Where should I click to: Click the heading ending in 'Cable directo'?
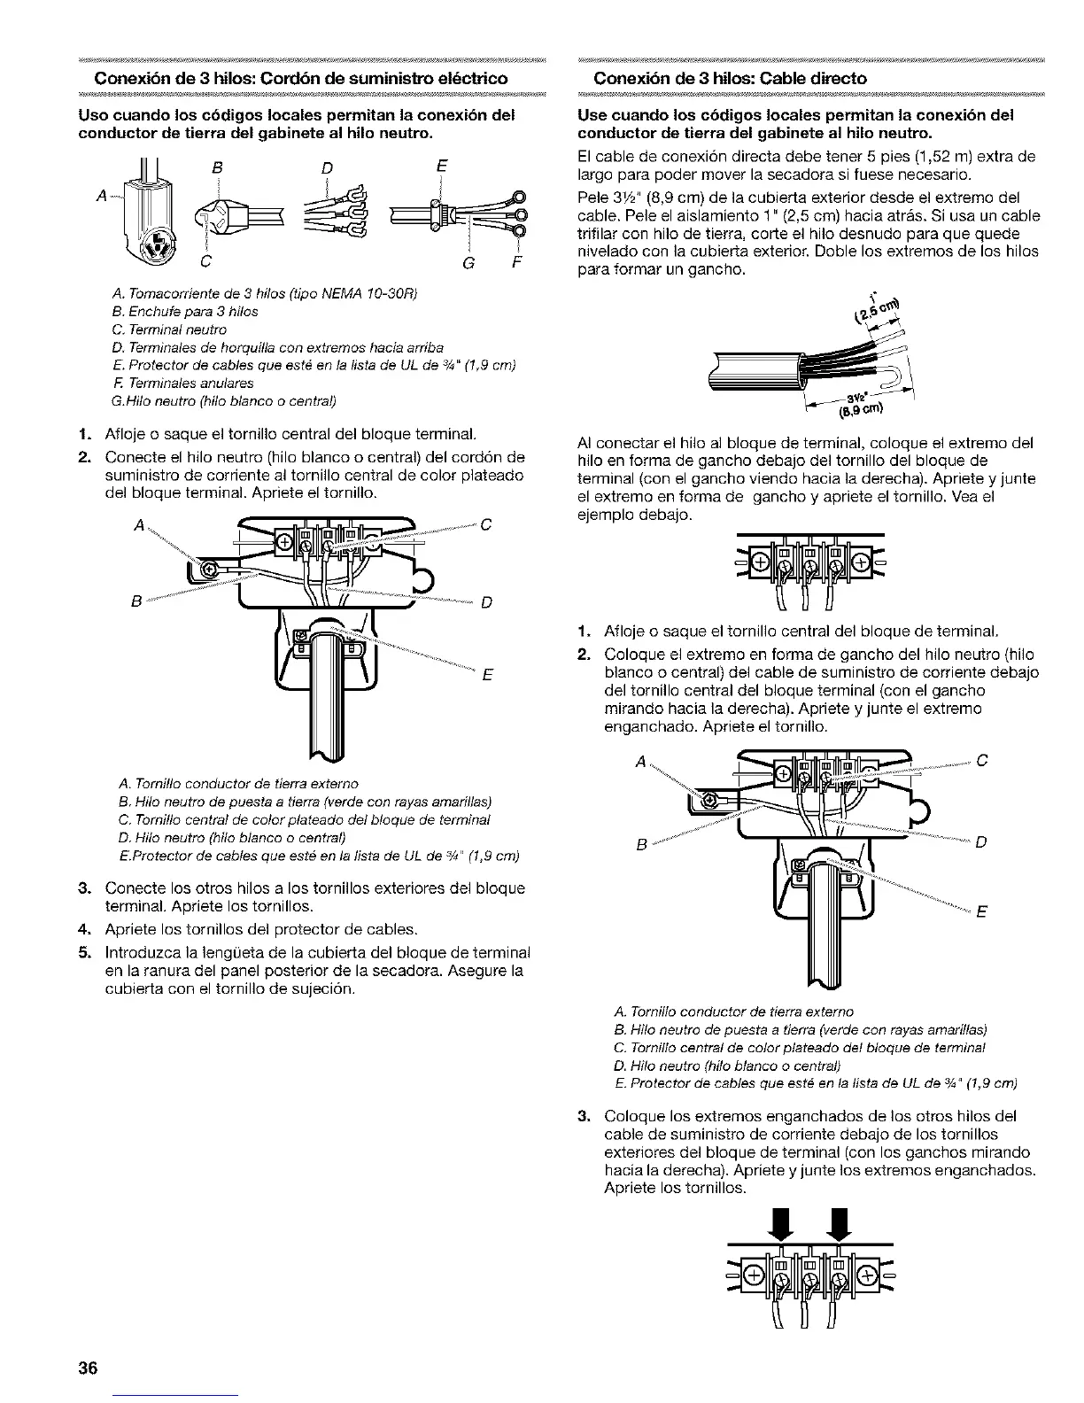click(x=730, y=78)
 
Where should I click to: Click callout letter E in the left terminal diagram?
click(x=486, y=678)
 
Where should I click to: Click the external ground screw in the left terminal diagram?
click(x=210, y=568)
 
